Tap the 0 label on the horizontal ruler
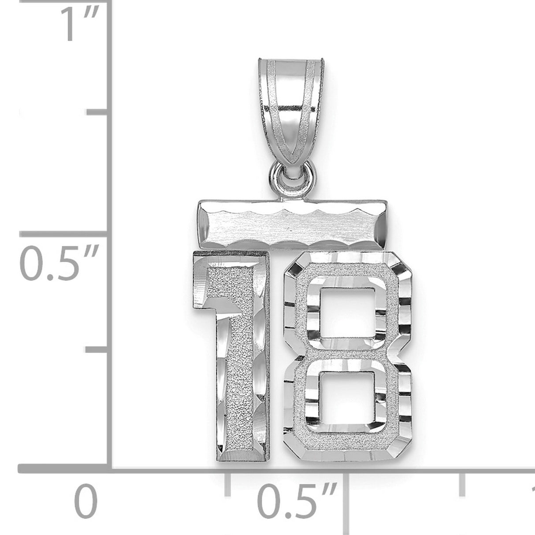tap(85, 503)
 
